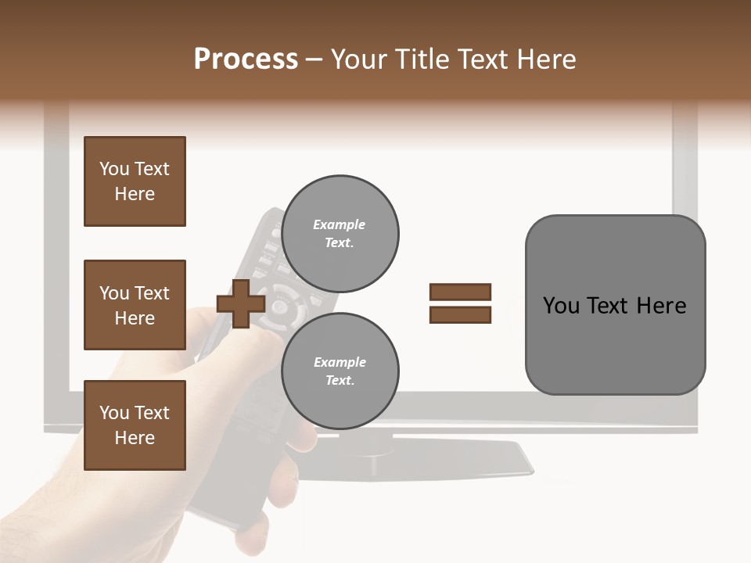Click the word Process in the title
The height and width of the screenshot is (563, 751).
pos(246,59)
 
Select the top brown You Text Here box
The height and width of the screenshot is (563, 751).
pos(135,181)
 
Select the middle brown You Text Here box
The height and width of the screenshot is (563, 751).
pos(135,305)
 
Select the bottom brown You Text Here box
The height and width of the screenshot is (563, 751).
pos(135,425)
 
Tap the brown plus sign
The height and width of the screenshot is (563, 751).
pos(241,303)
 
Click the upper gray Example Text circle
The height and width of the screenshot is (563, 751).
pos(340,233)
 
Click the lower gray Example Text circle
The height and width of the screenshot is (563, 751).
pos(340,371)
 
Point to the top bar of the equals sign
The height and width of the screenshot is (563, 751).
pos(460,292)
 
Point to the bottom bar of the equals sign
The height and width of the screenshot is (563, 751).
pos(460,314)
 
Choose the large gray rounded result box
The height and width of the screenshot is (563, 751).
pos(615,305)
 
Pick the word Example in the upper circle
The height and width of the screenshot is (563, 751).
pos(340,224)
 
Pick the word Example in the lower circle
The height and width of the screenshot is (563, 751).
pos(340,362)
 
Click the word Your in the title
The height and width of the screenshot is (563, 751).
pos(358,59)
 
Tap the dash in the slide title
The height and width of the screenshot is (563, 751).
pos(314,60)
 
